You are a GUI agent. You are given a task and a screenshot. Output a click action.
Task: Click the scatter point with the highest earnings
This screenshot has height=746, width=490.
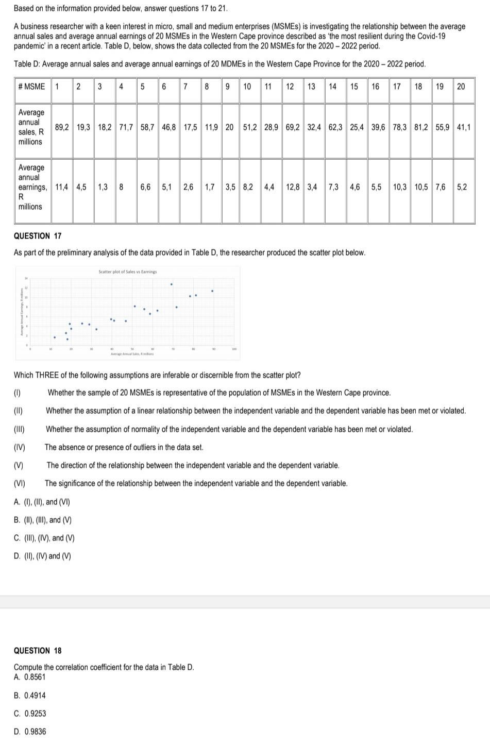tap(172, 284)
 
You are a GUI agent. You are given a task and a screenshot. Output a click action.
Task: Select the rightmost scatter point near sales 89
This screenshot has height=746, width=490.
tap(212, 291)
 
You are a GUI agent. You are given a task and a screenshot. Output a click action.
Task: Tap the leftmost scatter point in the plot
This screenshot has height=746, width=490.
tap(55, 337)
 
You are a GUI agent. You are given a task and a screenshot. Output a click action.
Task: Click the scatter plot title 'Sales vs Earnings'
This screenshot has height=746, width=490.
tap(128, 272)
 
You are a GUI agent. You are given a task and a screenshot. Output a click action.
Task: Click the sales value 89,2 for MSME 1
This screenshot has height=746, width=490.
tap(62, 127)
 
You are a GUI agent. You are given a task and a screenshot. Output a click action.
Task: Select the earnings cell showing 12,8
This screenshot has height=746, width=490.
tap(293, 187)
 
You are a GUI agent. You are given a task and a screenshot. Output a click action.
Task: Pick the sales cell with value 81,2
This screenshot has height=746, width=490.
tap(420, 127)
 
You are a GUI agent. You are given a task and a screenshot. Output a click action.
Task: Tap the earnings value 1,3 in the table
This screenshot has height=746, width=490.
tap(103, 187)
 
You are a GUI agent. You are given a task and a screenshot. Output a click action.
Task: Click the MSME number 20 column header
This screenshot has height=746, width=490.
tap(461, 86)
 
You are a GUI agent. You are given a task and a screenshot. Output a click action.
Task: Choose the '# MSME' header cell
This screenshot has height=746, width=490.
tap(31, 86)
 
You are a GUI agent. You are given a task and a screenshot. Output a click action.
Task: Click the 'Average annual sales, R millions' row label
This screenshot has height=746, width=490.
tap(31, 127)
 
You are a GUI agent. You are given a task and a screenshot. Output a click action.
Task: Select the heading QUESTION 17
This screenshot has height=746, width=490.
tap(38, 236)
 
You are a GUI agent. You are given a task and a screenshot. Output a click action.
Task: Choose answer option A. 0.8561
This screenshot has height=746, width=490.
tap(30, 677)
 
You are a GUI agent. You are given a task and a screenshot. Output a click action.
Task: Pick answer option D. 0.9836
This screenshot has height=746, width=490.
tap(30, 732)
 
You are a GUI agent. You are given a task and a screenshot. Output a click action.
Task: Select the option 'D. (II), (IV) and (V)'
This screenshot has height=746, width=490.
tap(43, 556)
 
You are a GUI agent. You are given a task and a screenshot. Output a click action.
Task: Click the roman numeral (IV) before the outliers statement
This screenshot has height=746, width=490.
tap(20, 447)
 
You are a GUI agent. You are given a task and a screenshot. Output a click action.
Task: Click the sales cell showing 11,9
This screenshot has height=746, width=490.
tap(211, 127)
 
